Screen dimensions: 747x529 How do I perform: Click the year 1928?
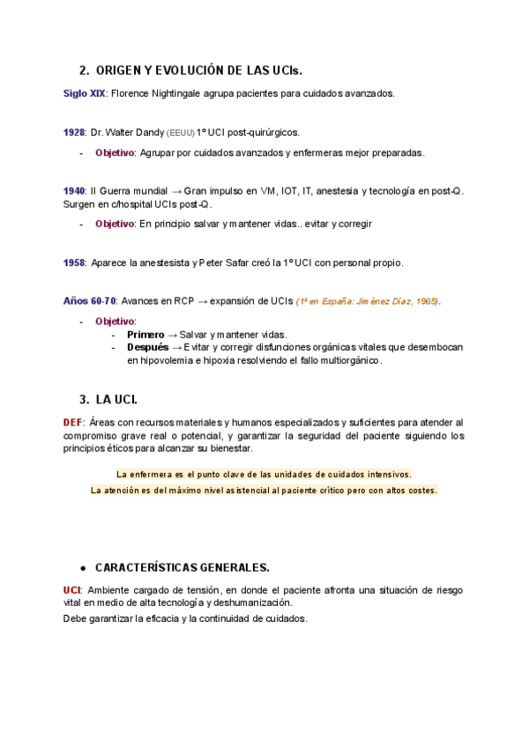[74, 132]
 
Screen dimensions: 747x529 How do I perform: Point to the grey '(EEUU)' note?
[180, 133]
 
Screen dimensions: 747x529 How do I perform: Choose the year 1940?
[74, 191]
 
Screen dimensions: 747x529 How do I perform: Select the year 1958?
[74, 263]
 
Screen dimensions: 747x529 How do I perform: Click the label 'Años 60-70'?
[89, 301]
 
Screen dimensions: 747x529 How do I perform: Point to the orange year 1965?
[428, 301]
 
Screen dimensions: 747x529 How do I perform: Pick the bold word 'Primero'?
[145, 335]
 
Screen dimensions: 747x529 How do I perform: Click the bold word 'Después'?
[147, 347]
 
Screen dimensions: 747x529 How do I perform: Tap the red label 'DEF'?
[73, 423]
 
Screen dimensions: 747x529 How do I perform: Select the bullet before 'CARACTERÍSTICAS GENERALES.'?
[82, 567]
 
